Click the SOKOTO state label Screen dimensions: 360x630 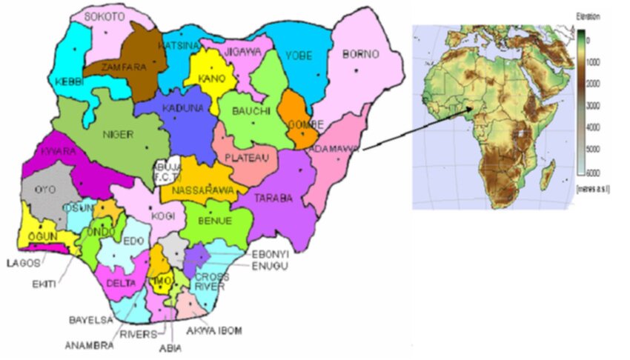tap(105, 16)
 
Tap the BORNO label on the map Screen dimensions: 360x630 tap(361, 55)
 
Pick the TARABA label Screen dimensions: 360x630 tap(273, 199)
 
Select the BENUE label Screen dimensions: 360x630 tap(216, 221)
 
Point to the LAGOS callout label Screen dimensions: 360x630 tap(21, 262)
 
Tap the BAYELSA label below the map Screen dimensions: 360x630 tap(90, 321)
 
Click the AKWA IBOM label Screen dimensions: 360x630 tap(220, 330)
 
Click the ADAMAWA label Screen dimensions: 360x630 tap(334, 148)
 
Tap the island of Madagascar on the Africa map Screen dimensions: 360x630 tap(548, 176)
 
